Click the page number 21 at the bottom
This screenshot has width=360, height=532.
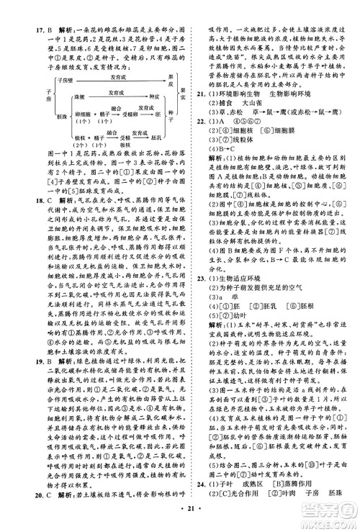(180, 523)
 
